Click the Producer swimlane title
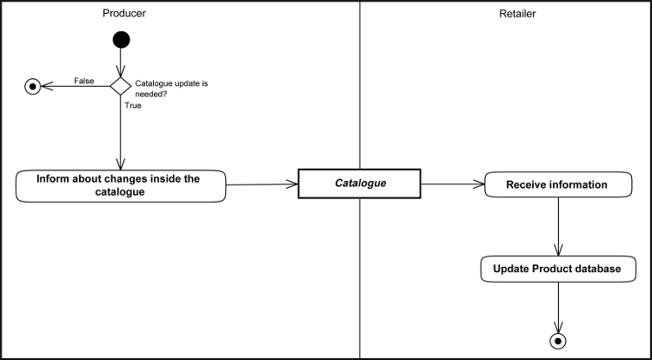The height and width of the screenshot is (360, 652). click(x=123, y=14)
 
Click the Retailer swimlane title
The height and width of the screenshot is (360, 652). click(x=518, y=14)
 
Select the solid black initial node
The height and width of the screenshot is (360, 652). click(x=121, y=39)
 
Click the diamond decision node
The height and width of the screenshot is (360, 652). click(x=121, y=85)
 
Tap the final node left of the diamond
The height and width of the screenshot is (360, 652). click(x=33, y=85)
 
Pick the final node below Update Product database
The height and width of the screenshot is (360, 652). click(x=557, y=339)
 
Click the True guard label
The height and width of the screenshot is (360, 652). click(x=134, y=105)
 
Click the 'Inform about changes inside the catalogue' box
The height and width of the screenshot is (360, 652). click(x=121, y=186)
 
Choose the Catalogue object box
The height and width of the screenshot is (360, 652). click(x=359, y=183)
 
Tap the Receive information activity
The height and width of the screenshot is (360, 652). click(x=556, y=184)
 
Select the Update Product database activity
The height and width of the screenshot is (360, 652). click(x=557, y=269)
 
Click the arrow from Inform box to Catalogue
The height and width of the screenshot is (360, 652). click(x=262, y=184)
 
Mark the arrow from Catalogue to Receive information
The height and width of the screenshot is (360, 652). click(x=452, y=183)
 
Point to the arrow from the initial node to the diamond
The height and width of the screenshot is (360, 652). click(x=121, y=61)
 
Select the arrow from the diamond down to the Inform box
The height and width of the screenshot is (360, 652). click(x=121, y=130)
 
